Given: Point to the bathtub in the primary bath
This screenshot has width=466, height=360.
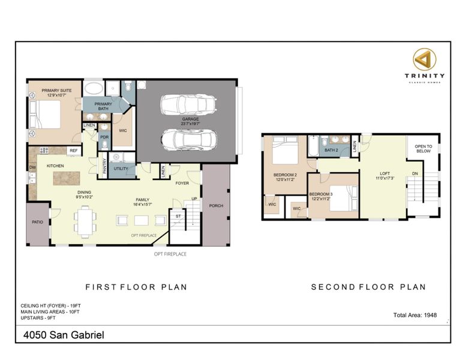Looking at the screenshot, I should point(92,91).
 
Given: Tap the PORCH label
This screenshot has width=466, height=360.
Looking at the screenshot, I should point(216,206).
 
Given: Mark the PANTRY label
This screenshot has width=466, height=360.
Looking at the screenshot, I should point(104,164).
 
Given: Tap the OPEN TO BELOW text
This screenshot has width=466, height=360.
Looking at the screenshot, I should point(423,148).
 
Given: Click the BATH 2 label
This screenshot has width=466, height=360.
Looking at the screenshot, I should point(332,150).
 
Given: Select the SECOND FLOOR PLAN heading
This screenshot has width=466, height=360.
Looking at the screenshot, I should point(368,287).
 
